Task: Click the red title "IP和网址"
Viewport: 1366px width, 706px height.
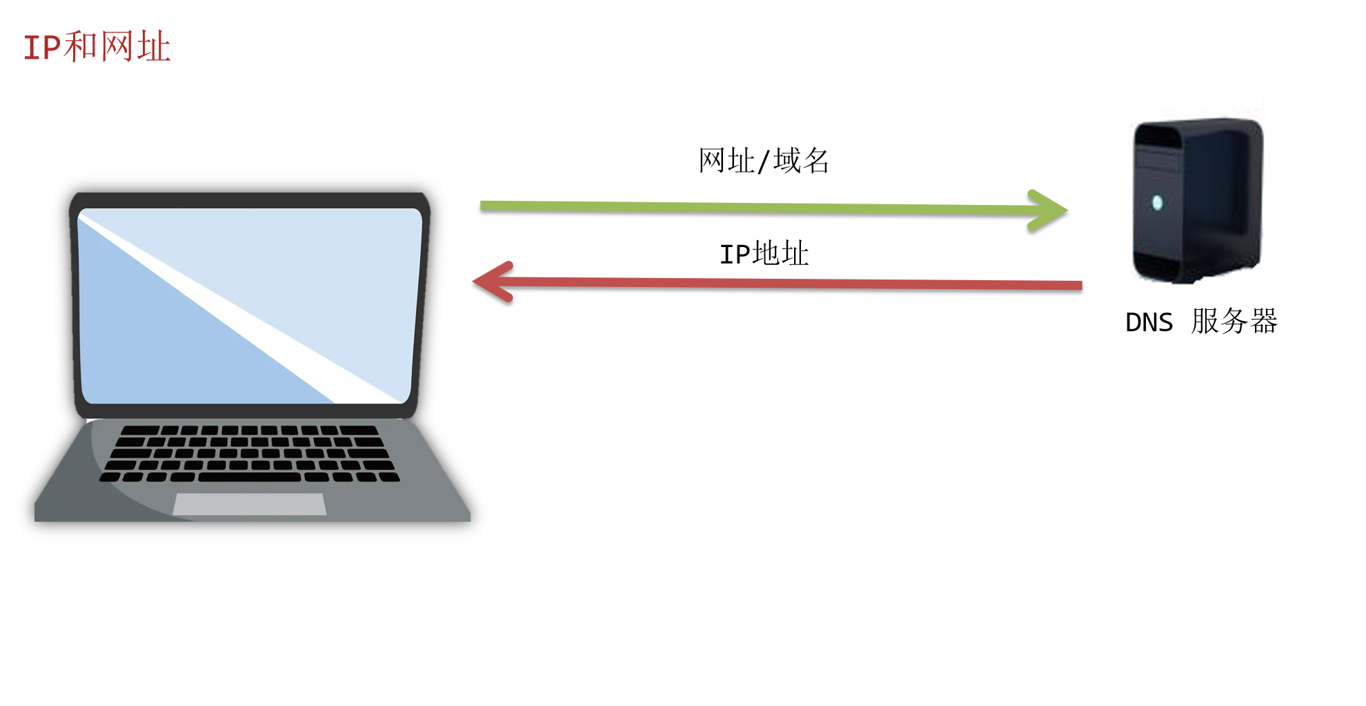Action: [97, 47]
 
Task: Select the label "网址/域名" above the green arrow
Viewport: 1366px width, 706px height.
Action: [763, 161]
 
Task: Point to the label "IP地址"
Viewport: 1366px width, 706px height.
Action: [764, 254]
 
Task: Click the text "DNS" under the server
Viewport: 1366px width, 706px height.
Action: [1149, 322]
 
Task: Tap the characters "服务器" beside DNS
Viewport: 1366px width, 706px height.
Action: [1234, 322]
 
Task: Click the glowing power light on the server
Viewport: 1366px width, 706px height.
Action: [1158, 202]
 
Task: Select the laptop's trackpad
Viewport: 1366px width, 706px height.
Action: [250, 504]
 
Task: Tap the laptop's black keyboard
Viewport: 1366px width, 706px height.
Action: [250, 453]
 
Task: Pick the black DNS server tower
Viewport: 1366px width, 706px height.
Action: [1198, 200]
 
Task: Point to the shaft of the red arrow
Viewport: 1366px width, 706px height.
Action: [793, 284]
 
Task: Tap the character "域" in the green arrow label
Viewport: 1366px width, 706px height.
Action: [787, 161]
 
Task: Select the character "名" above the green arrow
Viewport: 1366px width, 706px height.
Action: [815, 161]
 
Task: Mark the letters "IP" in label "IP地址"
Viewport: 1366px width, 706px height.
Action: [734, 255]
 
